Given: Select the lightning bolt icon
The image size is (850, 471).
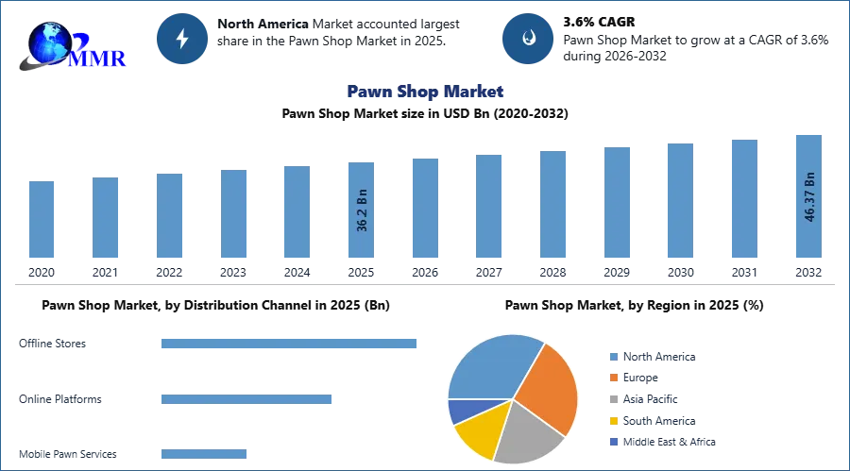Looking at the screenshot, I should click(182, 39).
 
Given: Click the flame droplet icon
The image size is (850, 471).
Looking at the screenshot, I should click(529, 39).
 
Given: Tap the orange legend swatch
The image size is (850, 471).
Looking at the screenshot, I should click(612, 378).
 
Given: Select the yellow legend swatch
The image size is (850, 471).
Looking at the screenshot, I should click(612, 421).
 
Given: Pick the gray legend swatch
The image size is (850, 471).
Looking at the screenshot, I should click(612, 399).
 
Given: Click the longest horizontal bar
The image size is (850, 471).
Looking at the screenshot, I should click(290, 345).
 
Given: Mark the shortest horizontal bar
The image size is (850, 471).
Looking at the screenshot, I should click(203, 453).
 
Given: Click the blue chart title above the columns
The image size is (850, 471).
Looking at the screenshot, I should click(426, 93).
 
